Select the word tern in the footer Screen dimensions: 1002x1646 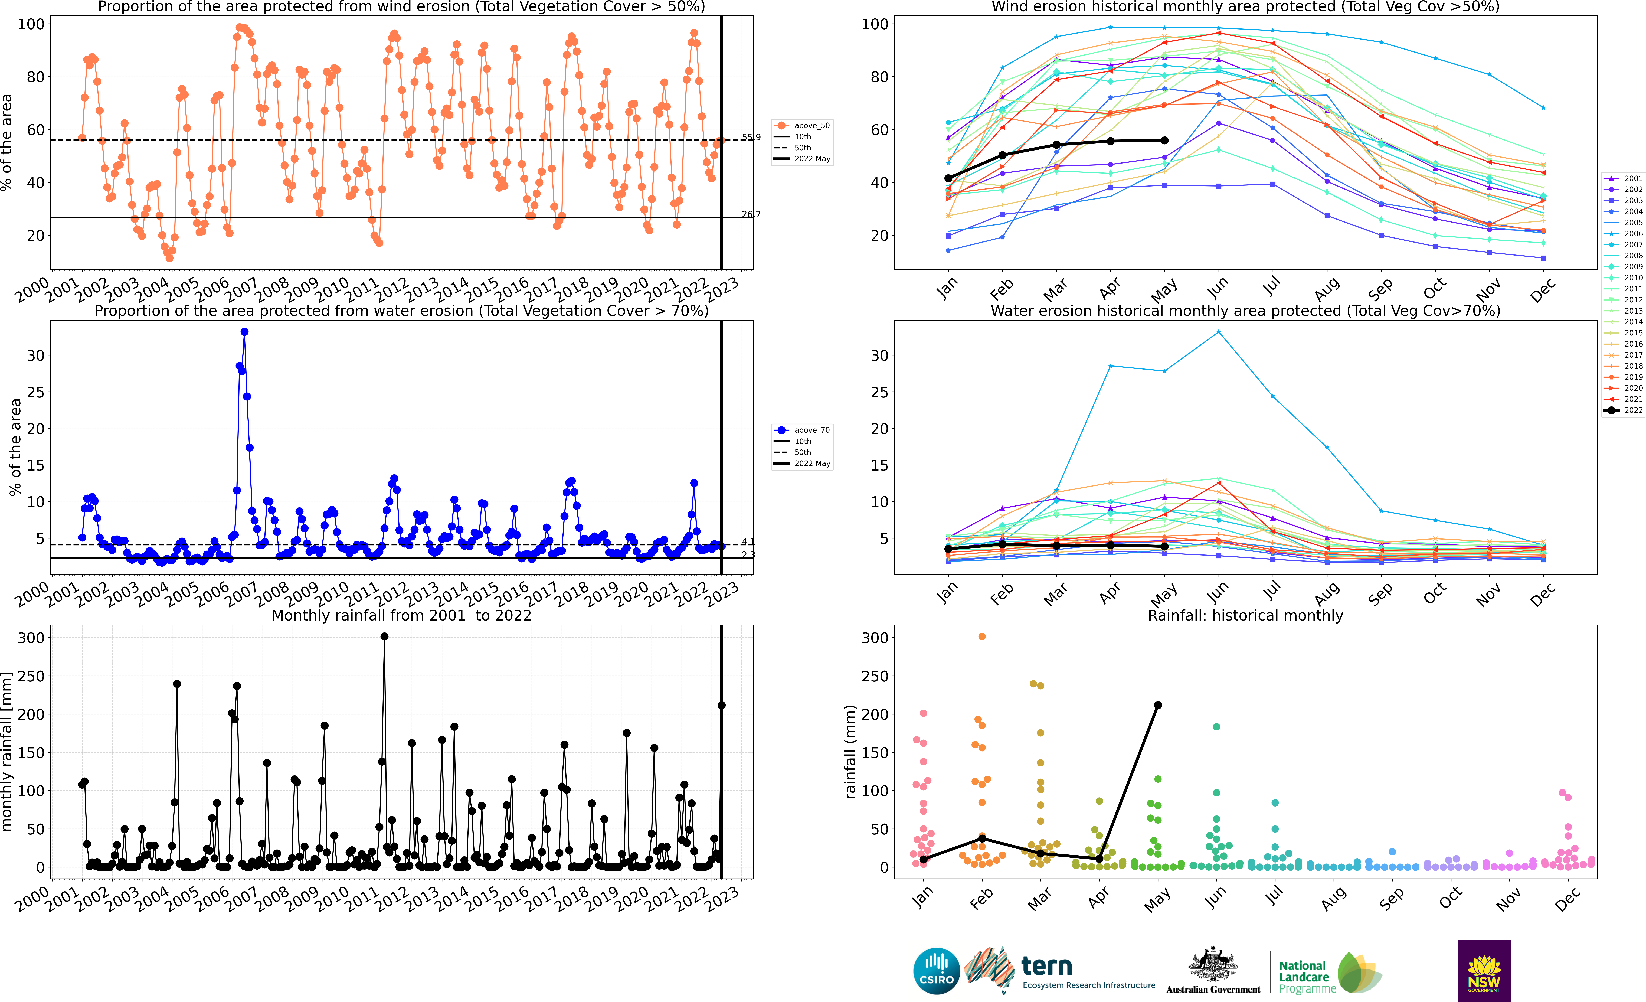click(1047, 966)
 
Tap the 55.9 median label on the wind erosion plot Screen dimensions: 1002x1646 click(751, 137)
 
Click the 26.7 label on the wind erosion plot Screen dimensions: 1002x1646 click(751, 214)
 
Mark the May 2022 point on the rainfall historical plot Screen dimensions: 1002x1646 click(1158, 705)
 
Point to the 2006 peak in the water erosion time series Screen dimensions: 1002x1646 click(244, 332)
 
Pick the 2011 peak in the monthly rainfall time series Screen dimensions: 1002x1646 click(384, 637)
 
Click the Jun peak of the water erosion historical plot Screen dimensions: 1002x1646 click(1218, 332)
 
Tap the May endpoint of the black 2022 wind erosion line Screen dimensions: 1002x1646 click(1164, 140)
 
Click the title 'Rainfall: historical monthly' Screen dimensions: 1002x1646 click(1245, 615)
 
